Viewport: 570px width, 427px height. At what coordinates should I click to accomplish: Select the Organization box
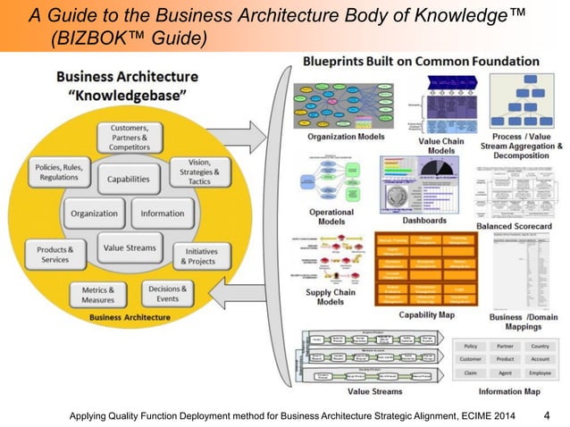tap(94, 213)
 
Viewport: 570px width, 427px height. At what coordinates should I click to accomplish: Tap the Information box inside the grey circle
tap(163, 213)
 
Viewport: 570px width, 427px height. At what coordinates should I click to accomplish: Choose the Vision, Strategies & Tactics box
tap(199, 173)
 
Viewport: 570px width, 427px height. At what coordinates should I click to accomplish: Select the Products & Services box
tap(55, 254)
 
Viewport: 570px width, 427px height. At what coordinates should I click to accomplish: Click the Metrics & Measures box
tap(99, 295)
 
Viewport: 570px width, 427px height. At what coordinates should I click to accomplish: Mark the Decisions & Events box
tap(166, 294)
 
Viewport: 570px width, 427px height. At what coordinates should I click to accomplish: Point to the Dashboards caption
tap(424, 220)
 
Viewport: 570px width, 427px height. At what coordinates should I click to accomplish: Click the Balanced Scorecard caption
tap(521, 227)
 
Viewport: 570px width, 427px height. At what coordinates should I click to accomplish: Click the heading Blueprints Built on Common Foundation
tap(421, 63)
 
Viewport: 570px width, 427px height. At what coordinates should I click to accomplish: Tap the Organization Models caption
tap(346, 137)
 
